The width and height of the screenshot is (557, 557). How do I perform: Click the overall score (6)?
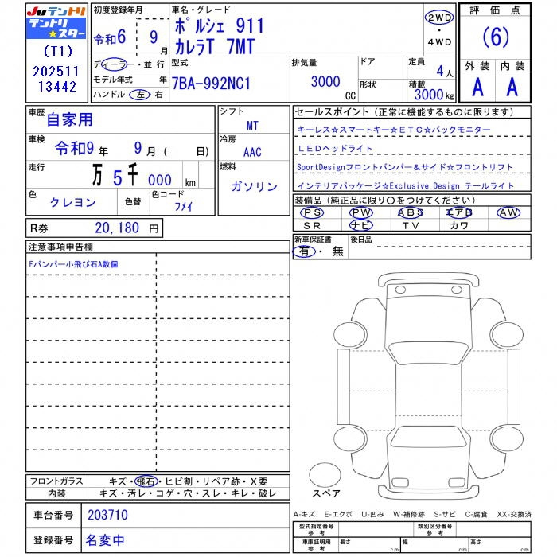pyautogui.click(x=497, y=38)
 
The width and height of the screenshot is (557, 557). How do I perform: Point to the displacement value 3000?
pyautogui.click(x=325, y=82)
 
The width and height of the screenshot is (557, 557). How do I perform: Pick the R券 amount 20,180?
pyautogui.click(x=118, y=228)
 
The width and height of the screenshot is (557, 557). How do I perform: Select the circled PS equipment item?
pyautogui.click(x=312, y=212)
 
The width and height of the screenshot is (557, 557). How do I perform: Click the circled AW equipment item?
pyautogui.click(x=508, y=212)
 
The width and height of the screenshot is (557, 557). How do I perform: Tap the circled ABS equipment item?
pyautogui.click(x=411, y=212)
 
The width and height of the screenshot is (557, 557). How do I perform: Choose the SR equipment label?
pyautogui.click(x=312, y=225)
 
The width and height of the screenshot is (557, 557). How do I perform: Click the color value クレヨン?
pyautogui.click(x=72, y=203)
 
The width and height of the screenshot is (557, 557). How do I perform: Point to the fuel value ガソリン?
pyautogui.click(x=254, y=186)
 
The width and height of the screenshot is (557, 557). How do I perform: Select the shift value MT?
pyautogui.click(x=252, y=126)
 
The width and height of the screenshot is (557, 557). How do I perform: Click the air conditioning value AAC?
pyautogui.click(x=252, y=152)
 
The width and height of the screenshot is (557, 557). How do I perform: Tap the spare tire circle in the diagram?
pyautogui.click(x=326, y=474)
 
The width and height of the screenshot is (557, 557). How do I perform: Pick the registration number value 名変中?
pyautogui.click(x=105, y=540)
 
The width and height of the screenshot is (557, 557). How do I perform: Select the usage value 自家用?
pyautogui.click(x=70, y=120)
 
